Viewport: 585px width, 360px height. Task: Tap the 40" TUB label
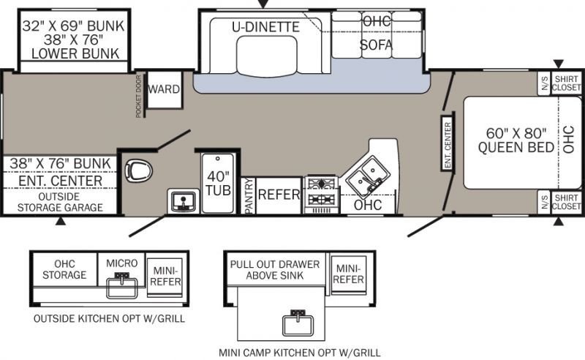217,183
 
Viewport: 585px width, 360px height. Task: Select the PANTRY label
248,195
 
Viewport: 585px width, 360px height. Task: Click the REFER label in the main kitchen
279,195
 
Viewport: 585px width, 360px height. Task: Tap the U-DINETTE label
266,27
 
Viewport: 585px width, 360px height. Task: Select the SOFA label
377,45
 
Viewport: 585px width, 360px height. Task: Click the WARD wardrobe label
164,89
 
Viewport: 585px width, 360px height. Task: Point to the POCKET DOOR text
138,96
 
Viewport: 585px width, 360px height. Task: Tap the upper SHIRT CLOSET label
567,83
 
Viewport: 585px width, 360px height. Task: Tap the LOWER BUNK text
74,53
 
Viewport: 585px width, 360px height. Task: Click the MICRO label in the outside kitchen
121,263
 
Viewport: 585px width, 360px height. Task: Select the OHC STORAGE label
64,269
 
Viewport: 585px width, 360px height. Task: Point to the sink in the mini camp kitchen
299,321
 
